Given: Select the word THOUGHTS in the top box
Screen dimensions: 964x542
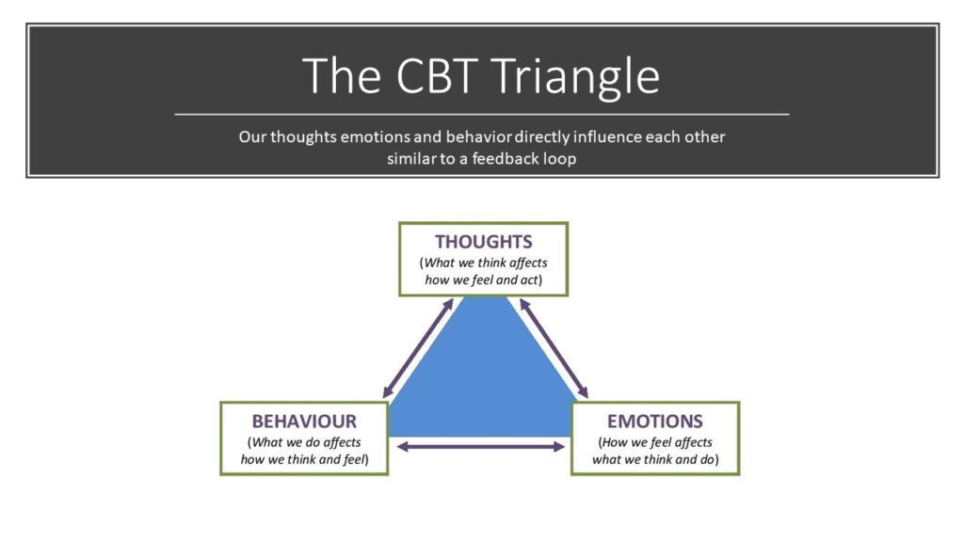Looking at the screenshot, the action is pyautogui.click(x=484, y=242).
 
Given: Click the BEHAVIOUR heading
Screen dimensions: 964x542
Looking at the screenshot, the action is pyautogui.click(x=304, y=421).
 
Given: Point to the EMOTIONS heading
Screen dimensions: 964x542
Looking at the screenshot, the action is pyautogui.click(x=655, y=421).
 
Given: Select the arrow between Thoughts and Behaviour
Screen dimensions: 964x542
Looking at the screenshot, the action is pyautogui.click(x=418, y=348).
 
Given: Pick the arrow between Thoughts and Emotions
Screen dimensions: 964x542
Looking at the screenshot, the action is pyautogui.click(x=554, y=348).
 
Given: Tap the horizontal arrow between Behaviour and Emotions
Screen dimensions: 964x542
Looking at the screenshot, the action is pyautogui.click(x=481, y=447).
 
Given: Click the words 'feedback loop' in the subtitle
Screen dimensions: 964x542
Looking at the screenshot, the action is pyautogui.click(x=523, y=158).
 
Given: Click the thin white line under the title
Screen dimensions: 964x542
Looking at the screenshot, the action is pyautogui.click(x=482, y=114).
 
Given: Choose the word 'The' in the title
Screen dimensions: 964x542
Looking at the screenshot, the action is pyautogui.click(x=342, y=75).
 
